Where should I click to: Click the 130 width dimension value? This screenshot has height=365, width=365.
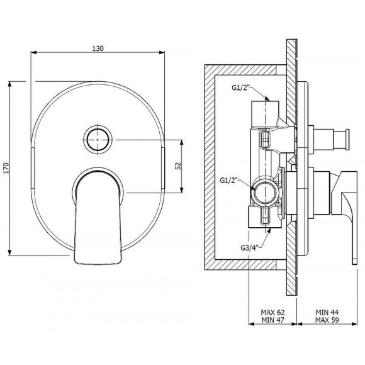(98, 48)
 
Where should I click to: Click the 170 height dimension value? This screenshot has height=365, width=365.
(6, 168)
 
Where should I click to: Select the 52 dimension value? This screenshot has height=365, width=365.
(178, 166)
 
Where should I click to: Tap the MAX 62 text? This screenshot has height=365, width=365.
(272, 312)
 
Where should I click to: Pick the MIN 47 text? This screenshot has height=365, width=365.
(272, 320)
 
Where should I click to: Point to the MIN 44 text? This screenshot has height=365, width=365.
(327, 312)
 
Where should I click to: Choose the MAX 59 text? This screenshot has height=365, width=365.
(327, 320)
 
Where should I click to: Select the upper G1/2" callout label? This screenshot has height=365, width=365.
(240, 87)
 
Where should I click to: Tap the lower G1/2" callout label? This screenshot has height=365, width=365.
(229, 180)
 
